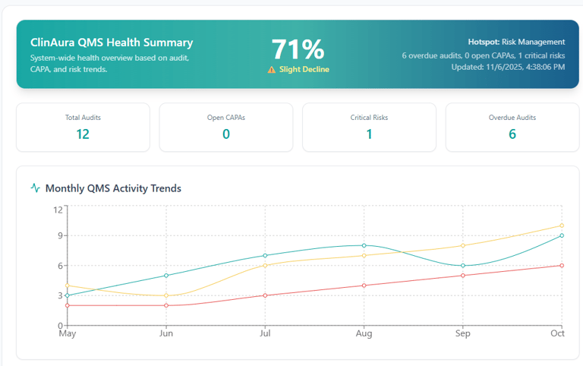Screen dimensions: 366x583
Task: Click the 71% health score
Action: (x=298, y=49)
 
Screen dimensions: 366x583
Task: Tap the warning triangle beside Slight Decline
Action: (x=272, y=69)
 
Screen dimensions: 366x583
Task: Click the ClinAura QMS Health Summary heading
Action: (x=112, y=43)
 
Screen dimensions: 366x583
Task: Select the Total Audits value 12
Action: (x=83, y=134)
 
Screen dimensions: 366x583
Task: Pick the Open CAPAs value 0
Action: (x=225, y=134)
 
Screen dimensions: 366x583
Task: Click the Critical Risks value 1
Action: (x=369, y=134)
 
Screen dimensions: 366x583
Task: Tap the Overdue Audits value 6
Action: (x=512, y=134)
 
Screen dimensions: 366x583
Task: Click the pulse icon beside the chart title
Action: (x=35, y=188)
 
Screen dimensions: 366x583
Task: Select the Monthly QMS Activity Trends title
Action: (x=113, y=188)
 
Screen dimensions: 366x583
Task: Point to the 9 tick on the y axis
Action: (x=58, y=235)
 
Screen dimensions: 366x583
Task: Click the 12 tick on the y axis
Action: (x=56, y=210)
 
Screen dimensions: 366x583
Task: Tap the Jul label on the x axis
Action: (x=265, y=333)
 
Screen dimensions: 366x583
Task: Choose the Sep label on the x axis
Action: (x=462, y=333)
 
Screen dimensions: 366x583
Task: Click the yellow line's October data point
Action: (x=562, y=226)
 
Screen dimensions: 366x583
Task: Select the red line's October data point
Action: (x=562, y=265)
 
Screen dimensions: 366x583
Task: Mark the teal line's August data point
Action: (x=364, y=245)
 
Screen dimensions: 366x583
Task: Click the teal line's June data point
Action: (x=166, y=275)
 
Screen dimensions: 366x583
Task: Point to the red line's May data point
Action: (x=68, y=305)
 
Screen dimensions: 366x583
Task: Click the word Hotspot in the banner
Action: (x=484, y=43)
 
